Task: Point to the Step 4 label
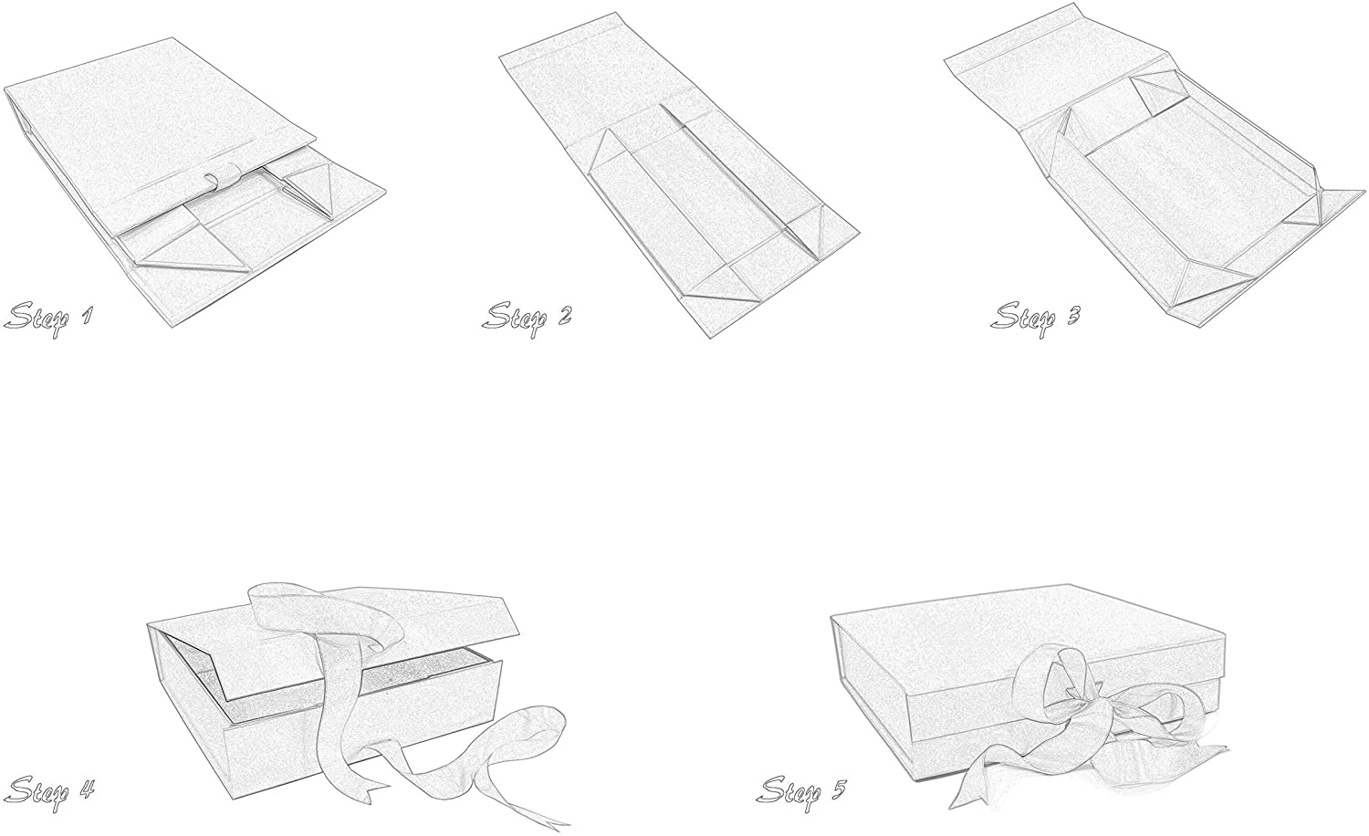coord(51,788)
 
